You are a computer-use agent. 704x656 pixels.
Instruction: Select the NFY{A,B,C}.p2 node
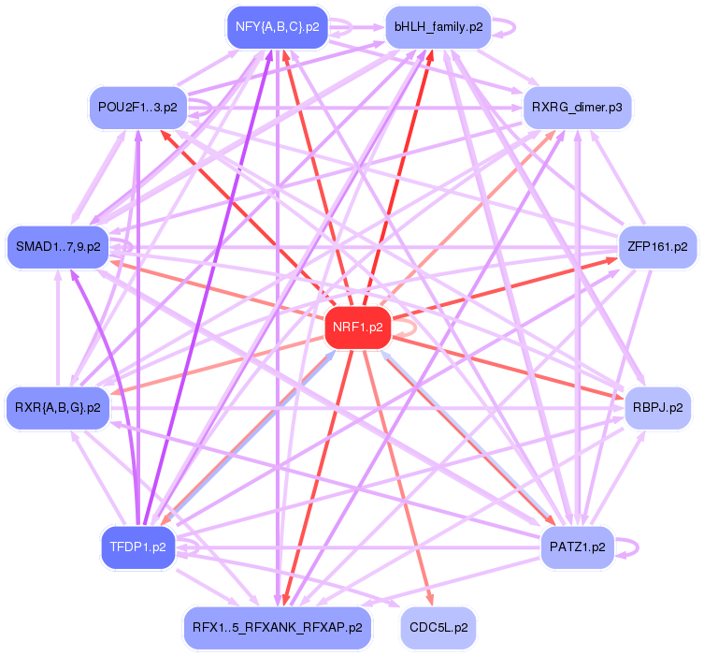(278, 27)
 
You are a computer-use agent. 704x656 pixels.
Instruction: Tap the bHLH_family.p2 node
(438, 27)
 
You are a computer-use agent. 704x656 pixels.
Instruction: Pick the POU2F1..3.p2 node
(137, 109)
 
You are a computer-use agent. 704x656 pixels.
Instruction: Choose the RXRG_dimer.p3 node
(578, 109)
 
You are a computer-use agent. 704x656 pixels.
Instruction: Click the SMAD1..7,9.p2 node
(58, 247)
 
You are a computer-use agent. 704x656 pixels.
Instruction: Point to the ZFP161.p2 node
(658, 247)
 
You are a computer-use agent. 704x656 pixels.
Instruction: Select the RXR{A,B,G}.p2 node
(58, 407)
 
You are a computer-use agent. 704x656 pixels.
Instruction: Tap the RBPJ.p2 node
(658, 407)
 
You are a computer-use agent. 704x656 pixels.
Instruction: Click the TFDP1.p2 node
(138, 547)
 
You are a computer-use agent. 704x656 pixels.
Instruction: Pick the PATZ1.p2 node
(578, 547)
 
